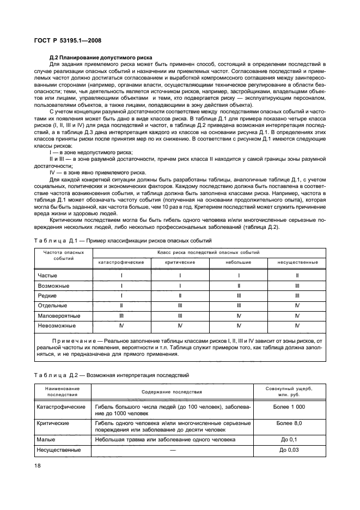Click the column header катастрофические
121,262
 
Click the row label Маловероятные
59,315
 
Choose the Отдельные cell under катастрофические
121,306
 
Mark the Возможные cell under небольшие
239,286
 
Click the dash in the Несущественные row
172,450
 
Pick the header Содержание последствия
172,392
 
